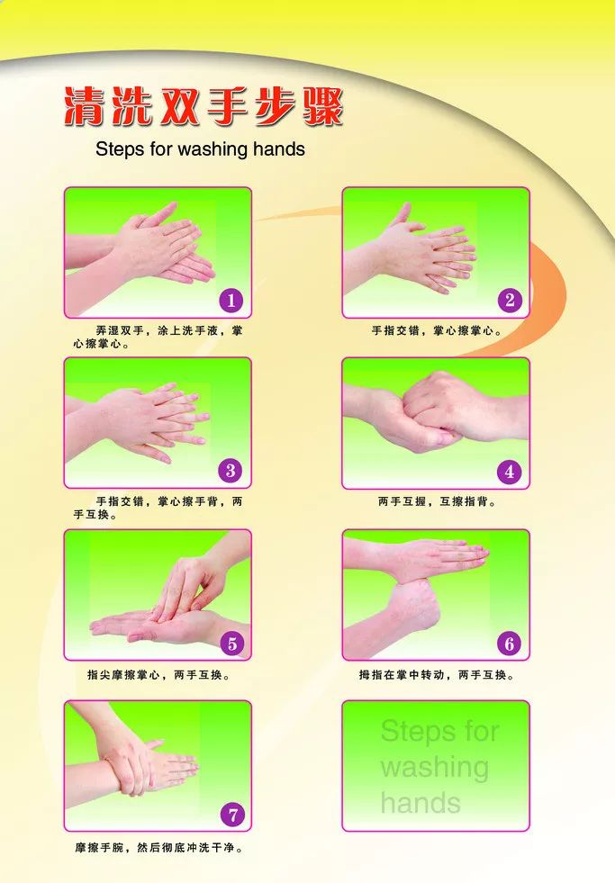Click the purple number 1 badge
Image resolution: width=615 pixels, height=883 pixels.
[231, 300]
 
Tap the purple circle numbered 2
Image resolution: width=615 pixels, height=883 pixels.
[510, 300]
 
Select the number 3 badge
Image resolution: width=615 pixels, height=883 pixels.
[231, 471]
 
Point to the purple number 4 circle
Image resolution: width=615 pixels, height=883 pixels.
[510, 472]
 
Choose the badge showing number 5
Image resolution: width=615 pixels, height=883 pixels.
[232, 643]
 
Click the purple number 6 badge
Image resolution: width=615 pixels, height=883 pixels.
[510, 643]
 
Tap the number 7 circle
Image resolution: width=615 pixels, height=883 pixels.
[232, 815]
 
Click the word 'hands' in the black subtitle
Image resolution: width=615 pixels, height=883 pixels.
[279, 149]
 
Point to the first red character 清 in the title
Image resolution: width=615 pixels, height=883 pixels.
[85, 105]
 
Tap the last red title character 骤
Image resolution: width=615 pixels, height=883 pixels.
[322, 105]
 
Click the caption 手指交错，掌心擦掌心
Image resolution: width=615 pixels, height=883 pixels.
[437, 331]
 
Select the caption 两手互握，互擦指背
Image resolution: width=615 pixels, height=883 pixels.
[437, 501]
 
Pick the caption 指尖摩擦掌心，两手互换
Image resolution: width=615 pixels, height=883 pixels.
[158, 675]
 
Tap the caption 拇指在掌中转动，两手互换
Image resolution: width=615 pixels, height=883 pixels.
[437, 675]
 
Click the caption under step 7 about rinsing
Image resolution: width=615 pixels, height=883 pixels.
[158, 848]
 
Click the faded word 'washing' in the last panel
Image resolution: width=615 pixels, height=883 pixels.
[434, 767]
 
